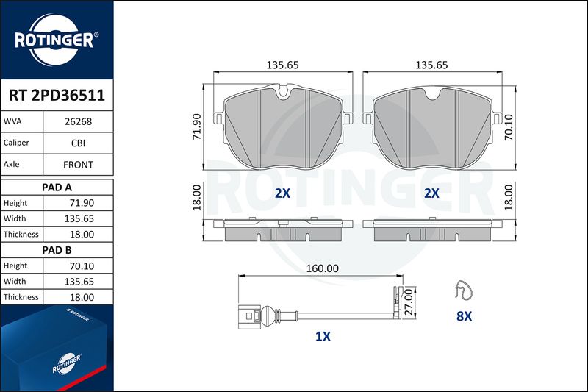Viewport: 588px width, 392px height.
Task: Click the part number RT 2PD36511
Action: [57, 96]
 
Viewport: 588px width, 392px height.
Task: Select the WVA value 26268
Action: [78, 121]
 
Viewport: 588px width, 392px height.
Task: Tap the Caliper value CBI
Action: [78, 143]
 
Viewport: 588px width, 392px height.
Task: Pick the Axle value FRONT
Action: [78, 165]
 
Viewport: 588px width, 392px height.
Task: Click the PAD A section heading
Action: [57, 188]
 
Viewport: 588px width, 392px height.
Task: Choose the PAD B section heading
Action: [57, 250]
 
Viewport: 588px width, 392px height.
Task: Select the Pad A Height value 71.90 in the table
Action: [82, 203]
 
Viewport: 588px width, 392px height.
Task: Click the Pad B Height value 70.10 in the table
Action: [82, 266]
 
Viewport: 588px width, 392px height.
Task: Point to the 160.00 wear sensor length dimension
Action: [322, 268]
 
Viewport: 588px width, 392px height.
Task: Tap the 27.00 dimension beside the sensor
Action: [409, 302]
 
